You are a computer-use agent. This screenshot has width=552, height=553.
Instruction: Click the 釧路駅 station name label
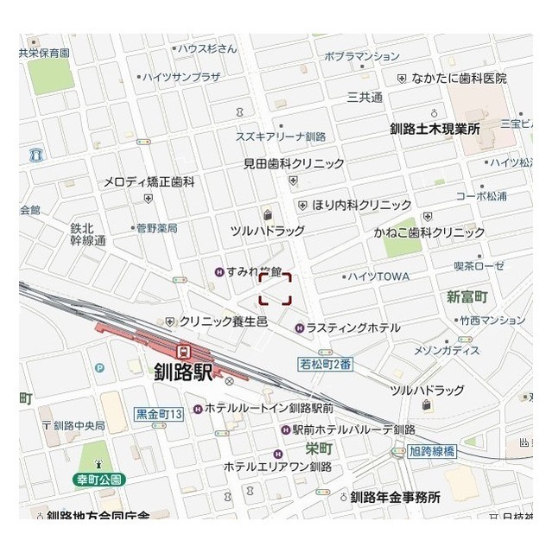[182, 372]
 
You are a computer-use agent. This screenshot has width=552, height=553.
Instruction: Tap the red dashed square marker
[276, 289]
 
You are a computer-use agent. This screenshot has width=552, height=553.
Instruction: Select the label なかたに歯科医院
[458, 78]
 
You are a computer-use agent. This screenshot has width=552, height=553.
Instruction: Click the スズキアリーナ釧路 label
[281, 137]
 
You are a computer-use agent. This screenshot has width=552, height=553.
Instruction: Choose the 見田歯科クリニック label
[294, 162]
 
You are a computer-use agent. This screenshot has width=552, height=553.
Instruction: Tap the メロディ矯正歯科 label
[149, 182]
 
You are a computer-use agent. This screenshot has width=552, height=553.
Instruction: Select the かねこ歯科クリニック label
[429, 232]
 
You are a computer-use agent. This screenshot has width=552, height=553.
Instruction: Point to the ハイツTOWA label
[378, 276]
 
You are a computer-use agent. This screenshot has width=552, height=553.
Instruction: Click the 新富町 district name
[467, 296]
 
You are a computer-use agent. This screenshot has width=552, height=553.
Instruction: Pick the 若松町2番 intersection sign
[326, 364]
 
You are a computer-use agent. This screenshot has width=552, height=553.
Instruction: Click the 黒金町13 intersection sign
[160, 415]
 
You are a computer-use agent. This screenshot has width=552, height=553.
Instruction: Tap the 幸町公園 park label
[98, 479]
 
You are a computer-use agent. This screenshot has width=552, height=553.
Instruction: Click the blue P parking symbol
[100, 367]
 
